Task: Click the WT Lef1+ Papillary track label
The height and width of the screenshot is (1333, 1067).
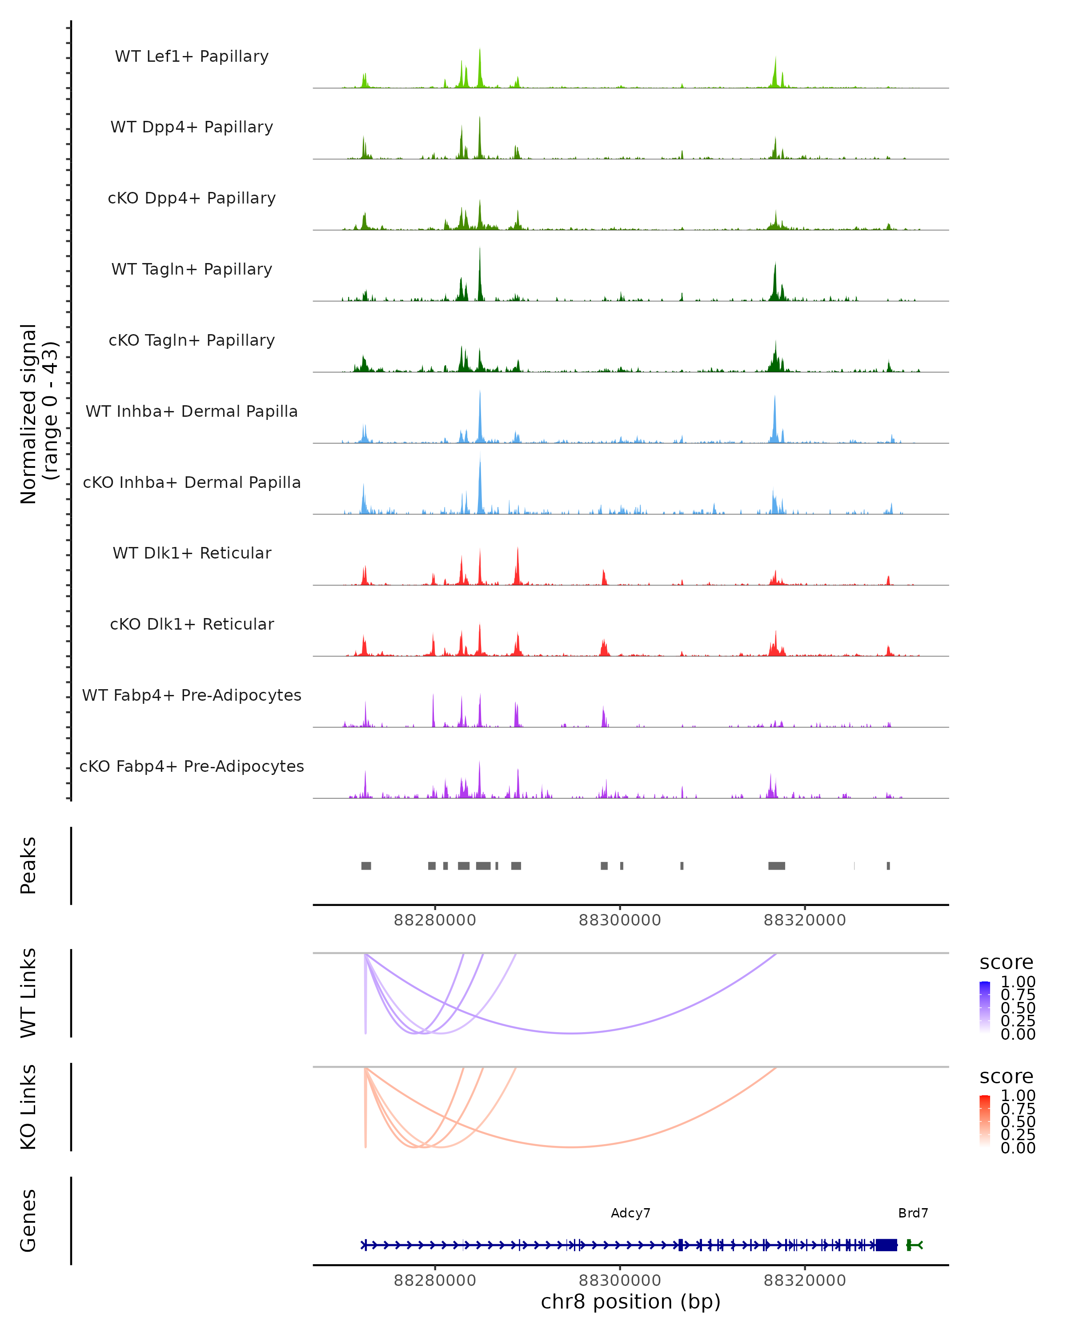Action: (x=192, y=56)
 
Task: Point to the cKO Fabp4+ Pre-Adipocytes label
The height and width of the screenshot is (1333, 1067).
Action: (x=192, y=766)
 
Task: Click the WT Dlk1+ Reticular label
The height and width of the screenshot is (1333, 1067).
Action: (x=192, y=553)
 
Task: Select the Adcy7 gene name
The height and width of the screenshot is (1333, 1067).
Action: (x=630, y=1213)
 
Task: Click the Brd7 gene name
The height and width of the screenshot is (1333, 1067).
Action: (x=913, y=1213)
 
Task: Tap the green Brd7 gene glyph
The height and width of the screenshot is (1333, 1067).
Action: (x=914, y=1245)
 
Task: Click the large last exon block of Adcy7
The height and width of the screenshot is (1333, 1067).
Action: (x=886, y=1245)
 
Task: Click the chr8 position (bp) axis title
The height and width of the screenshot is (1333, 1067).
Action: (x=630, y=1301)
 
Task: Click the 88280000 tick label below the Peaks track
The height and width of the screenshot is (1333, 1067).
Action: (x=435, y=920)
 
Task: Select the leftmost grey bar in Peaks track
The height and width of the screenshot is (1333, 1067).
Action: (x=366, y=866)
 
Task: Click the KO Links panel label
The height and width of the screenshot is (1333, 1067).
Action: (x=28, y=1107)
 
